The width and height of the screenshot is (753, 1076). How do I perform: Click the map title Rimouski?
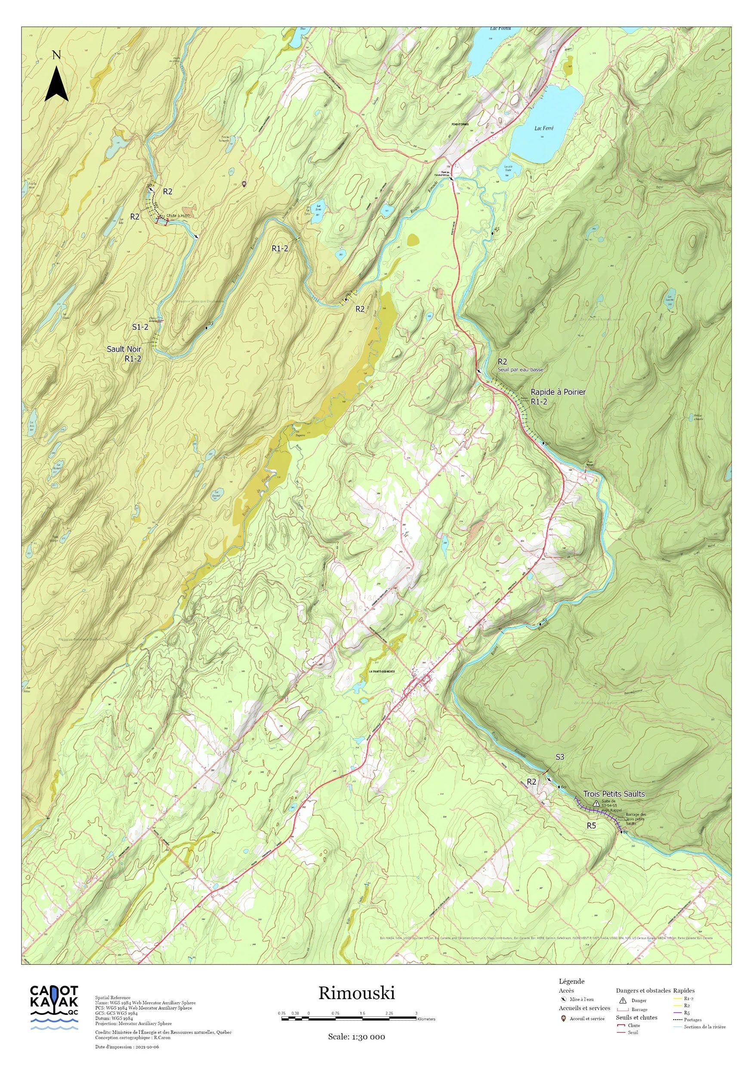click(357, 993)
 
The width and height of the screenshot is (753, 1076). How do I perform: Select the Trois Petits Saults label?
click(614, 794)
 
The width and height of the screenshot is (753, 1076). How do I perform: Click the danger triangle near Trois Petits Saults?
click(596, 803)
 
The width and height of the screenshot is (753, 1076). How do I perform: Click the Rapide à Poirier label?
click(558, 392)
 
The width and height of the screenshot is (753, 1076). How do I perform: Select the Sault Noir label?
click(123, 349)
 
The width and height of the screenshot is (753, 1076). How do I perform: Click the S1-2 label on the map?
click(140, 327)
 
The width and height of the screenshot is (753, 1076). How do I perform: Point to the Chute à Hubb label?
click(178, 216)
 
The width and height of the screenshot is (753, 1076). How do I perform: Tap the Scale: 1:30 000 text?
click(356, 1037)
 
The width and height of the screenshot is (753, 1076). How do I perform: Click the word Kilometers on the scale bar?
click(426, 1019)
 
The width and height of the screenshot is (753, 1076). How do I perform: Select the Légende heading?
click(571, 981)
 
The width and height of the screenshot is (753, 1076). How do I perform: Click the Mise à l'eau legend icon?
click(563, 999)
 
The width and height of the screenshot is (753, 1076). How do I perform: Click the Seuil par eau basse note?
click(520, 370)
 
